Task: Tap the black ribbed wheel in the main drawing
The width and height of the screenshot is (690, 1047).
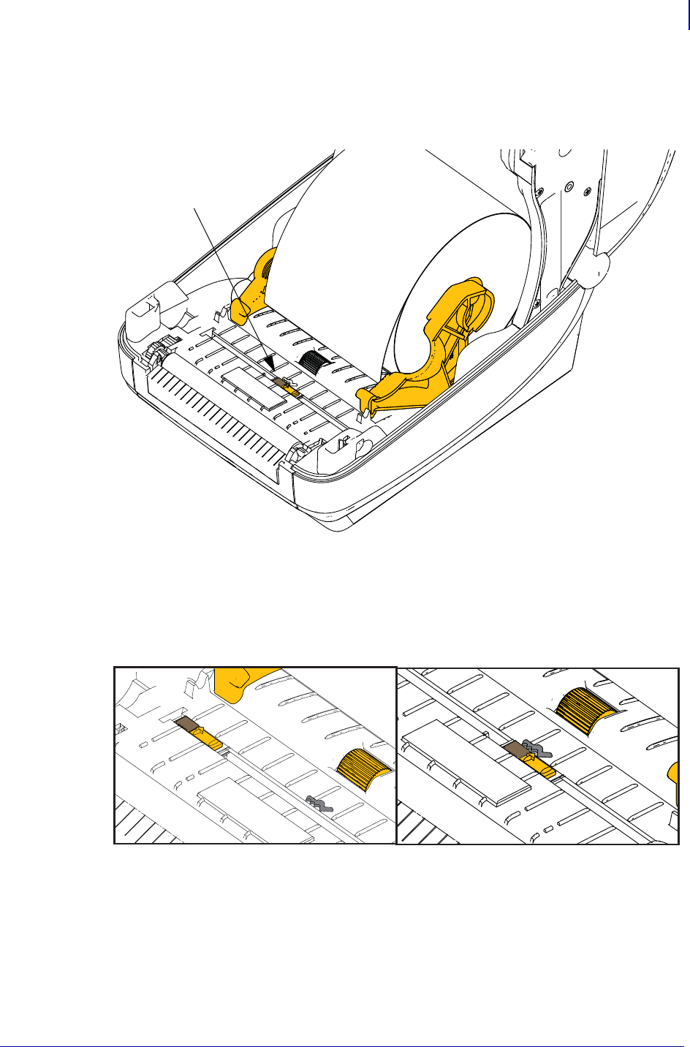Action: [316, 359]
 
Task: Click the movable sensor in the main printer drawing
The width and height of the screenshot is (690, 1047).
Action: [286, 384]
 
